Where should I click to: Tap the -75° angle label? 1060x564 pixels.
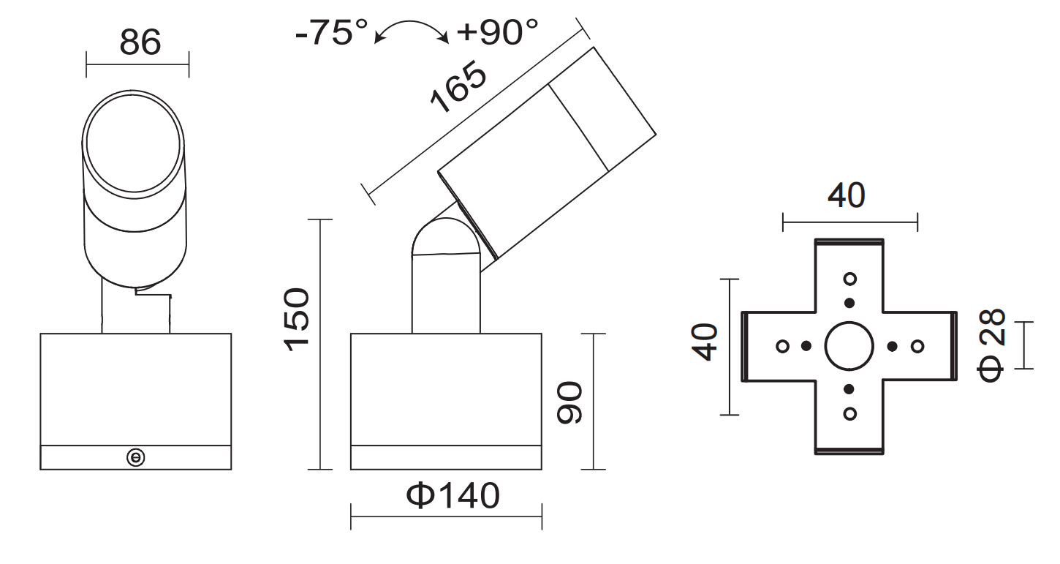click(332, 33)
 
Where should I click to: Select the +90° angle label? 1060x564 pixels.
click(497, 33)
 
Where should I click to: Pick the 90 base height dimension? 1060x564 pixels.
click(569, 402)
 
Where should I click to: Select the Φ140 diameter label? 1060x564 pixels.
click(453, 496)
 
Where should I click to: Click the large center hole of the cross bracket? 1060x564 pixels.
click(849, 346)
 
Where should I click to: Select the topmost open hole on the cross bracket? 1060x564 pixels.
click(849, 279)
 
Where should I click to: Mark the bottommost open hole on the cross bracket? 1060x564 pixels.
click(849, 413)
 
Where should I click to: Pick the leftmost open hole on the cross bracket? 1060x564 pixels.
click(782, 346)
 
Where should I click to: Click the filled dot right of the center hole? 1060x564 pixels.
click(893, 346)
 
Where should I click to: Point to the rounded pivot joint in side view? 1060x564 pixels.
click(446, 241)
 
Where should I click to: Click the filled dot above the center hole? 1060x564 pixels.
click(849, 303)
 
